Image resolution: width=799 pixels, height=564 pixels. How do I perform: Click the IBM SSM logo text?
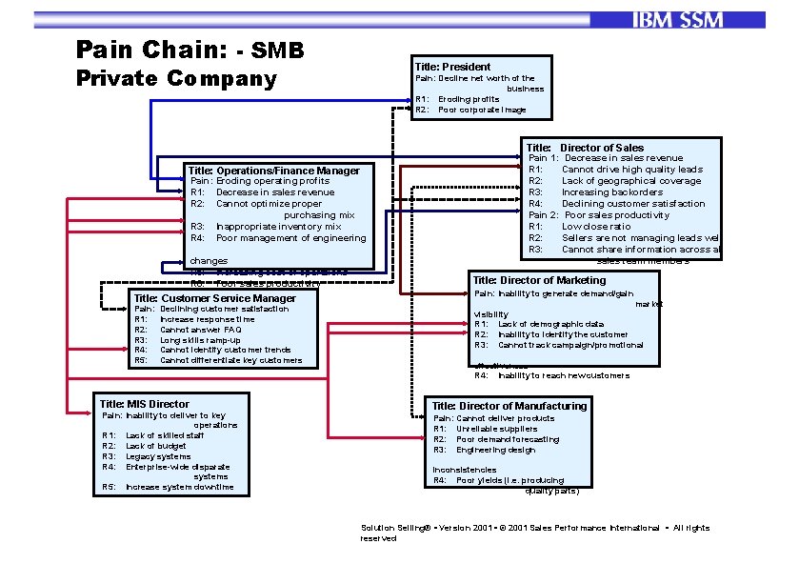point(676,20)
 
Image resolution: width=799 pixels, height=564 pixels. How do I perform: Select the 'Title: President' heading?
point(452,67)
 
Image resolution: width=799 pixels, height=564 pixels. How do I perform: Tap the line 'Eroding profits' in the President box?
point(469,99)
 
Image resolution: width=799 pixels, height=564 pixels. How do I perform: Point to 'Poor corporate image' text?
point(482,110)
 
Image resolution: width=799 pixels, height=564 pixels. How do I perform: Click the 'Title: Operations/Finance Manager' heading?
point(273,171)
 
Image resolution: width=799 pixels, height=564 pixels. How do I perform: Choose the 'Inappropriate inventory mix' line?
point(278,227)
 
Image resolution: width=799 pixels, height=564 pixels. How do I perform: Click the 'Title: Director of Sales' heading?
point(585,148)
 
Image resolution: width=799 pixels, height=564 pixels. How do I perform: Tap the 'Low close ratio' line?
point(596,227)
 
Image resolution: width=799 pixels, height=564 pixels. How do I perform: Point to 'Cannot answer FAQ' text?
point(200,330)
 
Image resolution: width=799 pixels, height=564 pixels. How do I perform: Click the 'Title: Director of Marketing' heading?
point(539,280)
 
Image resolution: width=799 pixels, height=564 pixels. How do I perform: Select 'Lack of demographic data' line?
point(550,324)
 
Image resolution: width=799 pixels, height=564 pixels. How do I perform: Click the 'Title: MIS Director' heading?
point(145,404)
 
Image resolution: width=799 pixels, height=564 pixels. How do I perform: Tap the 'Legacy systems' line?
point(158,456)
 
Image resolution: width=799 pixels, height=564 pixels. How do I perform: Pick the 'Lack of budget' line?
point(157,446)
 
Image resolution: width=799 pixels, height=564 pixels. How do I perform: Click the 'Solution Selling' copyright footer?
point(533,528)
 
